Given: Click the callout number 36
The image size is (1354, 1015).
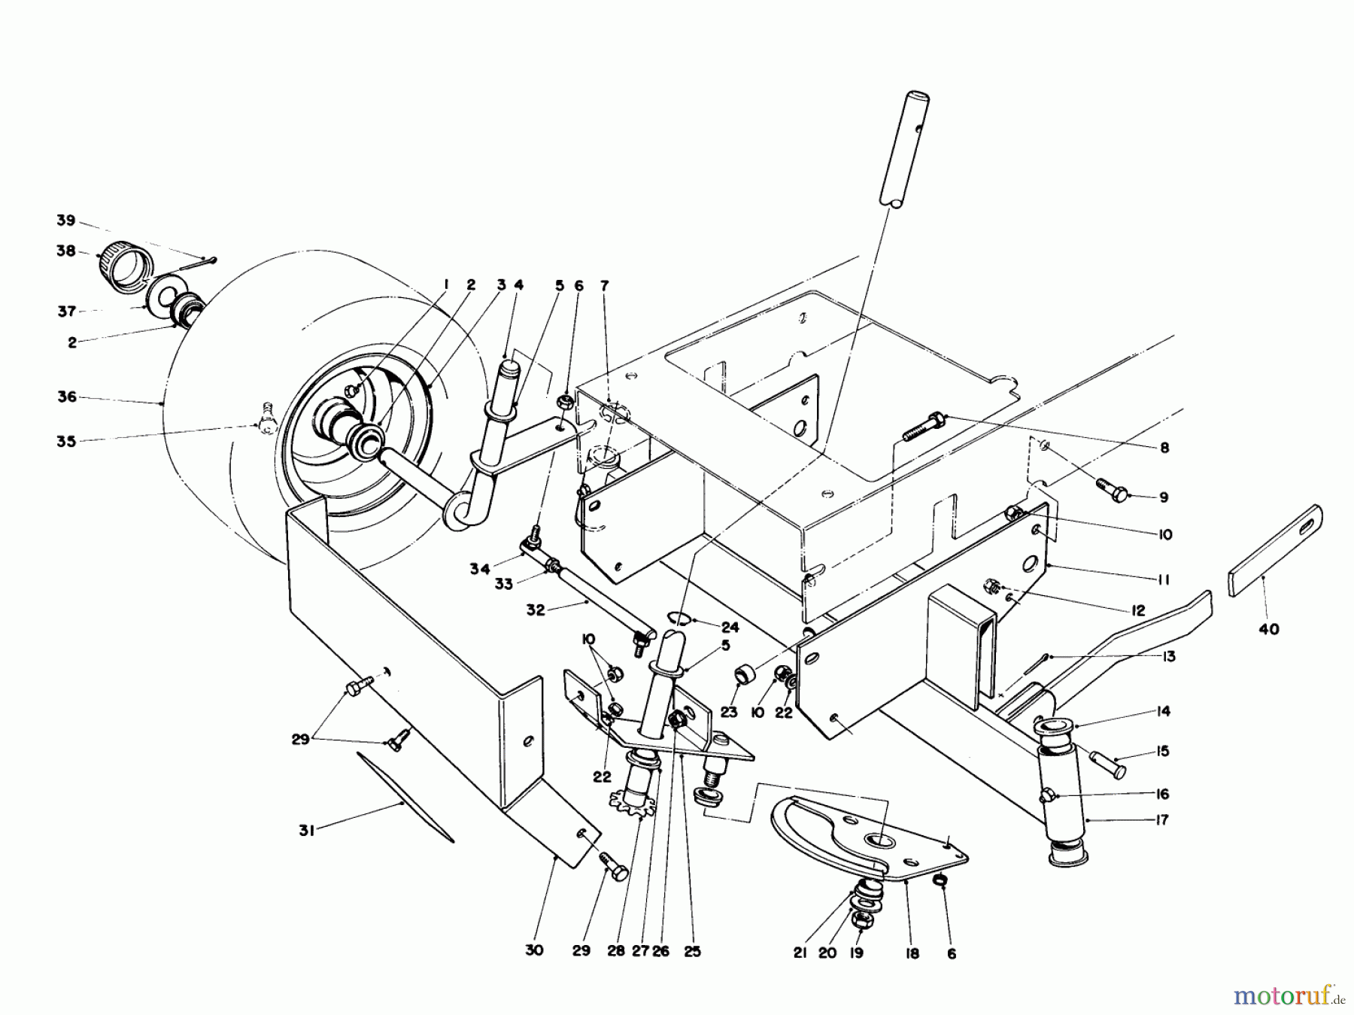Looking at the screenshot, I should [x=67, y=397].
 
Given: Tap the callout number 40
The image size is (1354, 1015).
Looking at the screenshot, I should [x=1268, y=629].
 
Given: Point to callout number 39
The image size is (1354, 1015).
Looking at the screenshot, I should [x=66, y=220].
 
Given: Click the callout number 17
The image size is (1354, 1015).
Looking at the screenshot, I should [x=1161, y=819].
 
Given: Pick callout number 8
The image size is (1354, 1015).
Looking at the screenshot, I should [x=1164, y=448].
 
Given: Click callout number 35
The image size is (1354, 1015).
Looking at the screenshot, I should [x=66, y=441].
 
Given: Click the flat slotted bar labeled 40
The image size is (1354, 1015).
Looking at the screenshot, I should [x=1275, y=551].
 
